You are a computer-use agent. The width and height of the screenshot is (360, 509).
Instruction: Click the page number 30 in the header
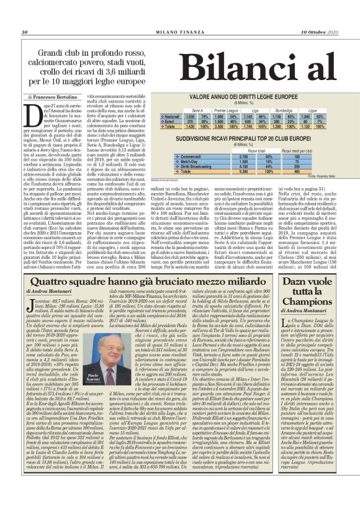pyautogui.click(x=25, y=32)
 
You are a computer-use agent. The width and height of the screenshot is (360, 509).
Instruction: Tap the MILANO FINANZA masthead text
pyautogui.click(x=180, y=32)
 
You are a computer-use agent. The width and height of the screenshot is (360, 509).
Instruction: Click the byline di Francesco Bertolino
pyautogui.click(x=54, y=98)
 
